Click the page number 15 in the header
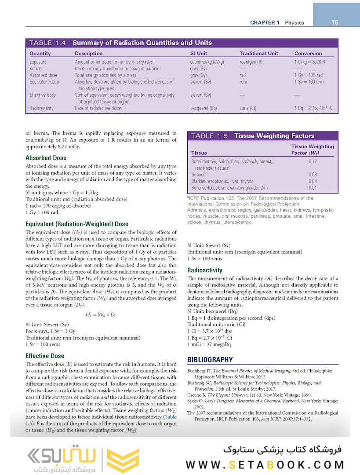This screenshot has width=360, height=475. coord(335,22)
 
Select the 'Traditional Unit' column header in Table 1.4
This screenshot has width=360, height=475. coord(258,54)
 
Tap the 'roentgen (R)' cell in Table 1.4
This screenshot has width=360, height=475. coord(251,62)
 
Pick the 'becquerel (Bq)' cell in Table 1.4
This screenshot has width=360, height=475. coord(204,108)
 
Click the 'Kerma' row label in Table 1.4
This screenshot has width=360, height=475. coord(36,69)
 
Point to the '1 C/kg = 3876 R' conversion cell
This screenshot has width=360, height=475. coord(313,62)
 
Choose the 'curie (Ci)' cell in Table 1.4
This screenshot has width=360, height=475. coord(248,108)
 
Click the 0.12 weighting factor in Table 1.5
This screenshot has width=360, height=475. coord(313,161)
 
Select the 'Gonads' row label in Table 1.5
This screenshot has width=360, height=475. coord(199,175)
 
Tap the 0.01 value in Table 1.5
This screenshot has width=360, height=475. coord(313,188)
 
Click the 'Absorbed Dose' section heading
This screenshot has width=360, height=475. coord(46,158)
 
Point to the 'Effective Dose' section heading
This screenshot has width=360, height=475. coord(45,356)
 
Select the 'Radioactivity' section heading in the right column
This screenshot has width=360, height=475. coord(205,270)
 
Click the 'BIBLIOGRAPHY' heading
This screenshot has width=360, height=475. coord(210,360)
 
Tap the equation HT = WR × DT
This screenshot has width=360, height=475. coord(101,315)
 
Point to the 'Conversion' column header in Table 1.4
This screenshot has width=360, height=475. coord(308,54)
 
